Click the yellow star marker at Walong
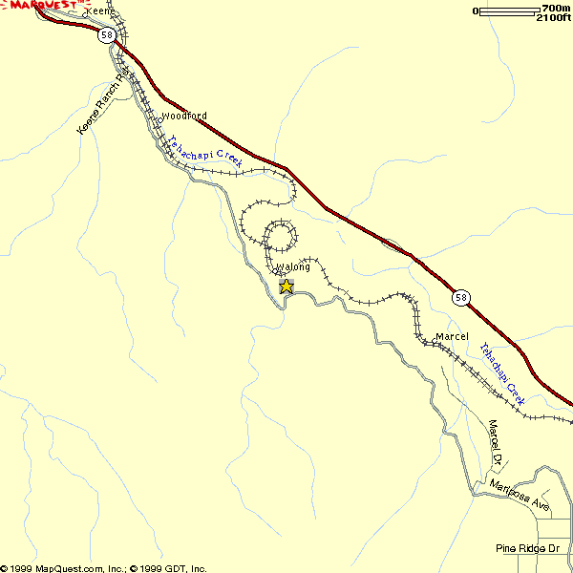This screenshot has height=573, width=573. click(x=286, y=286)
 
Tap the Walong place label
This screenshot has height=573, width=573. click(x=293, y=267)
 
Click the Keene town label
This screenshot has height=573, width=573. click(x=100, y=11)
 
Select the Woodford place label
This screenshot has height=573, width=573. click(x=183, y=117)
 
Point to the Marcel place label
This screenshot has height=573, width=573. click(x=452, y=337)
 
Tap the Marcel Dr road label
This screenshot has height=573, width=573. click(x=495, y=442)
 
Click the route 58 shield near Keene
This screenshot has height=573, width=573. click(x=106, y=35)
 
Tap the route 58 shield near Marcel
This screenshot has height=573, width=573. click(x=462, y=298)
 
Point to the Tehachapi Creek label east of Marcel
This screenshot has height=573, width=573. click(x=502, y=373)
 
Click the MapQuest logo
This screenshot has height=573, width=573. click(x=40, y=6)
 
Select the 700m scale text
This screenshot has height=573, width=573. click(x=554, y=10)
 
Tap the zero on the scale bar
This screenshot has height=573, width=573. click(x=476, y=11)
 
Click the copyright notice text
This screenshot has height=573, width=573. click(x=104, y=567)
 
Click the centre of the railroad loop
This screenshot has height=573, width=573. click(x=280, y=234)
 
